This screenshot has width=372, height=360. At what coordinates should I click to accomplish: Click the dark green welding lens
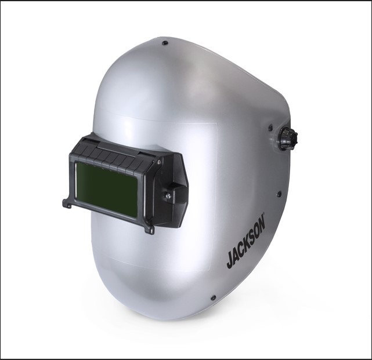[x=106, y=190]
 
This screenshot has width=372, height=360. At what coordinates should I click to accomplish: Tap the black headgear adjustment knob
[x=289, y=139]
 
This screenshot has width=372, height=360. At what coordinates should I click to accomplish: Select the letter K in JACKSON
[x=245, y=246]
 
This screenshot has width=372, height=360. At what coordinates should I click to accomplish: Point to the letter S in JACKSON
[x=252, y=238]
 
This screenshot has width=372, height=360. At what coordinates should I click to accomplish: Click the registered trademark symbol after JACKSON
[x=263, y=214]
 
